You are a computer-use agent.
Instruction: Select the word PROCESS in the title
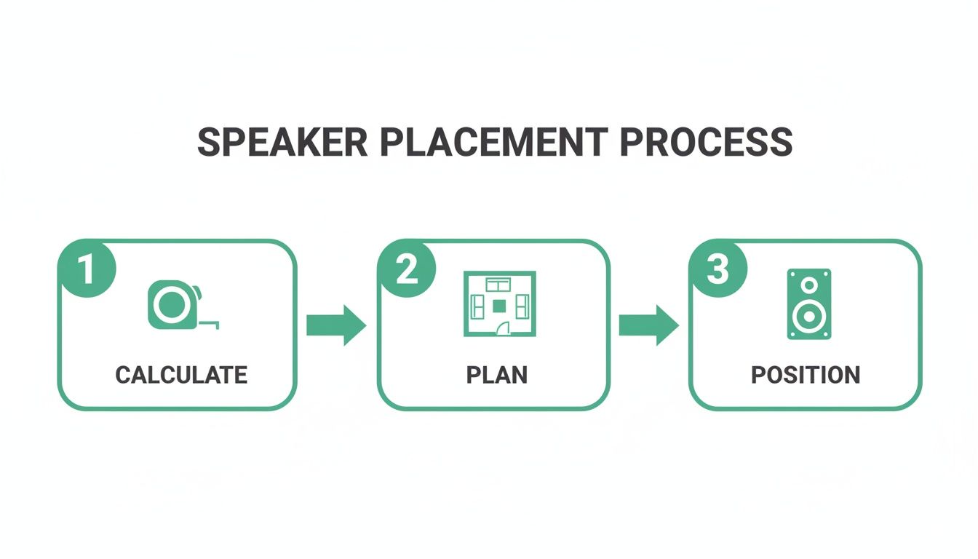[x=706, y=143]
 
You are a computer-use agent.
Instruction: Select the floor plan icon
[x=499, y=304]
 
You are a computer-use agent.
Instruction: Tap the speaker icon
[x=808, y=304]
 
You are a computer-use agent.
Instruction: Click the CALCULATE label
[x=181, y=376]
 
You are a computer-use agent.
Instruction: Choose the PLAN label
[x=497, y=376]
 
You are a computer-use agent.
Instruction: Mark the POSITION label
[x=806, y=376]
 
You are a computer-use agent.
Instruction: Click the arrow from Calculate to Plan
[x=335, y=325]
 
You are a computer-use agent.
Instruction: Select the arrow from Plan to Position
[x=648, y=325]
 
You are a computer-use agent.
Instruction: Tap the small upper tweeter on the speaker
[x=808, y=285]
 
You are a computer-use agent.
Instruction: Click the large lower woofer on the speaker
[x=808, y=317]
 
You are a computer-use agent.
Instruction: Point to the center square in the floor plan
[x=499, y=306]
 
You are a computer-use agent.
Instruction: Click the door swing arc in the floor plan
[x=503, y=329]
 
